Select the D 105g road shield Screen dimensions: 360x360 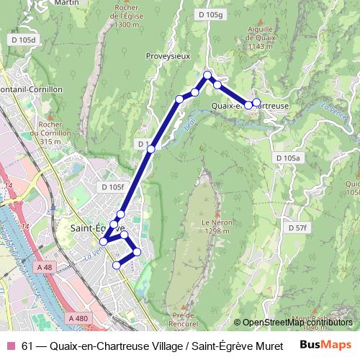210,14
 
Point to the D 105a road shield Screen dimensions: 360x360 289,157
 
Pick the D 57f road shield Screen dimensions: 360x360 297,228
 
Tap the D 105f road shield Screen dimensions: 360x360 113,187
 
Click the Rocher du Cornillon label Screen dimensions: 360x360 49,133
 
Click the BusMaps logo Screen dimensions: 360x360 325,345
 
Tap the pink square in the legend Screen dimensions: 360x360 11,345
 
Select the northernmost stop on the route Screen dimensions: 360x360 207,75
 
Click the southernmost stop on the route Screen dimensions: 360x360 117,266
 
